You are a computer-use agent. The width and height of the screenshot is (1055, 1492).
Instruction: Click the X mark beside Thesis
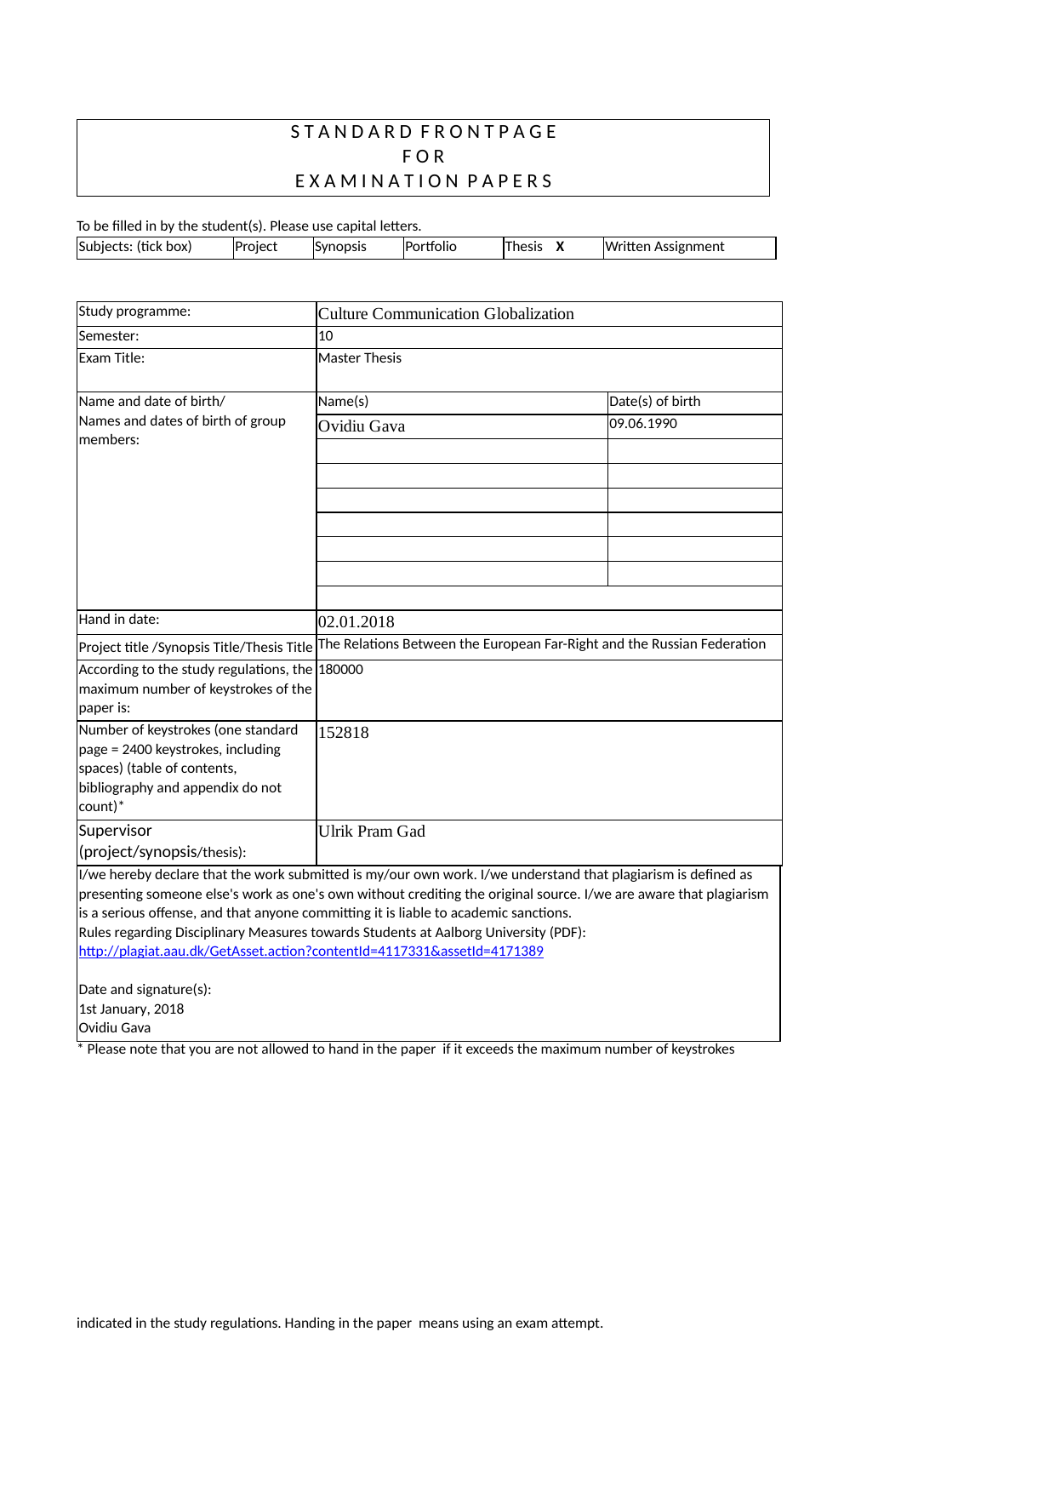(560, 247)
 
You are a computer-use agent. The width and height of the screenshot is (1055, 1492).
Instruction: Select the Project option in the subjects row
(256, 247)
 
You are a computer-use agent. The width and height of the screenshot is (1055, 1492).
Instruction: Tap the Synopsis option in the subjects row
(340, 247)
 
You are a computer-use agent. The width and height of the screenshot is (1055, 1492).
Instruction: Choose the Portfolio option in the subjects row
(431, 247)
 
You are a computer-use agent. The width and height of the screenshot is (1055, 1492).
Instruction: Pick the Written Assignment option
(664, 247)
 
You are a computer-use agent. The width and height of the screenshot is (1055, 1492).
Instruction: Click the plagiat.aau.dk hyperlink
(311, 952)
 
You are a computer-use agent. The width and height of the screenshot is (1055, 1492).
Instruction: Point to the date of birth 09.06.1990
(643, 424)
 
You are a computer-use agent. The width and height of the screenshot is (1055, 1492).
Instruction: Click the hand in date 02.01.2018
(356, 622)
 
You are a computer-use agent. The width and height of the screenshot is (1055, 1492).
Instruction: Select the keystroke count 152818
(344, 733)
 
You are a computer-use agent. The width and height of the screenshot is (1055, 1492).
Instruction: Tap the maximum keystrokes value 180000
(340, 670)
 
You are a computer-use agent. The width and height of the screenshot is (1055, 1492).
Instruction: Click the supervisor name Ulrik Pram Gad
(372, 832)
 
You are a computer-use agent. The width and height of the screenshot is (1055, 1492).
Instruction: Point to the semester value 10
(326, 336)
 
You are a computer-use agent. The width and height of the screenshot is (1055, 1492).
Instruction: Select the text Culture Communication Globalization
(446, 314)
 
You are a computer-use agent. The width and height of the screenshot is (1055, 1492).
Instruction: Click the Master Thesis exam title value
(360, 358)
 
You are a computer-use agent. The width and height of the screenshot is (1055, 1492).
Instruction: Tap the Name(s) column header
(344, 402)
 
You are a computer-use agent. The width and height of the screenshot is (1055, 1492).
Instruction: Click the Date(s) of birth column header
(655, 402)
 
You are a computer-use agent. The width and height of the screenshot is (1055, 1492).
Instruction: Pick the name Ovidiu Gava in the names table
(362, 426)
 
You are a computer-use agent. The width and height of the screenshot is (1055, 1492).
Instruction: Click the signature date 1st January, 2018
(131, 1009)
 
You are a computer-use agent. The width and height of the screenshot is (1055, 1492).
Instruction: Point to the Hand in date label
(119, 620)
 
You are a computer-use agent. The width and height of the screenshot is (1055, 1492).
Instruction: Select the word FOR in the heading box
(424, 157)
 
